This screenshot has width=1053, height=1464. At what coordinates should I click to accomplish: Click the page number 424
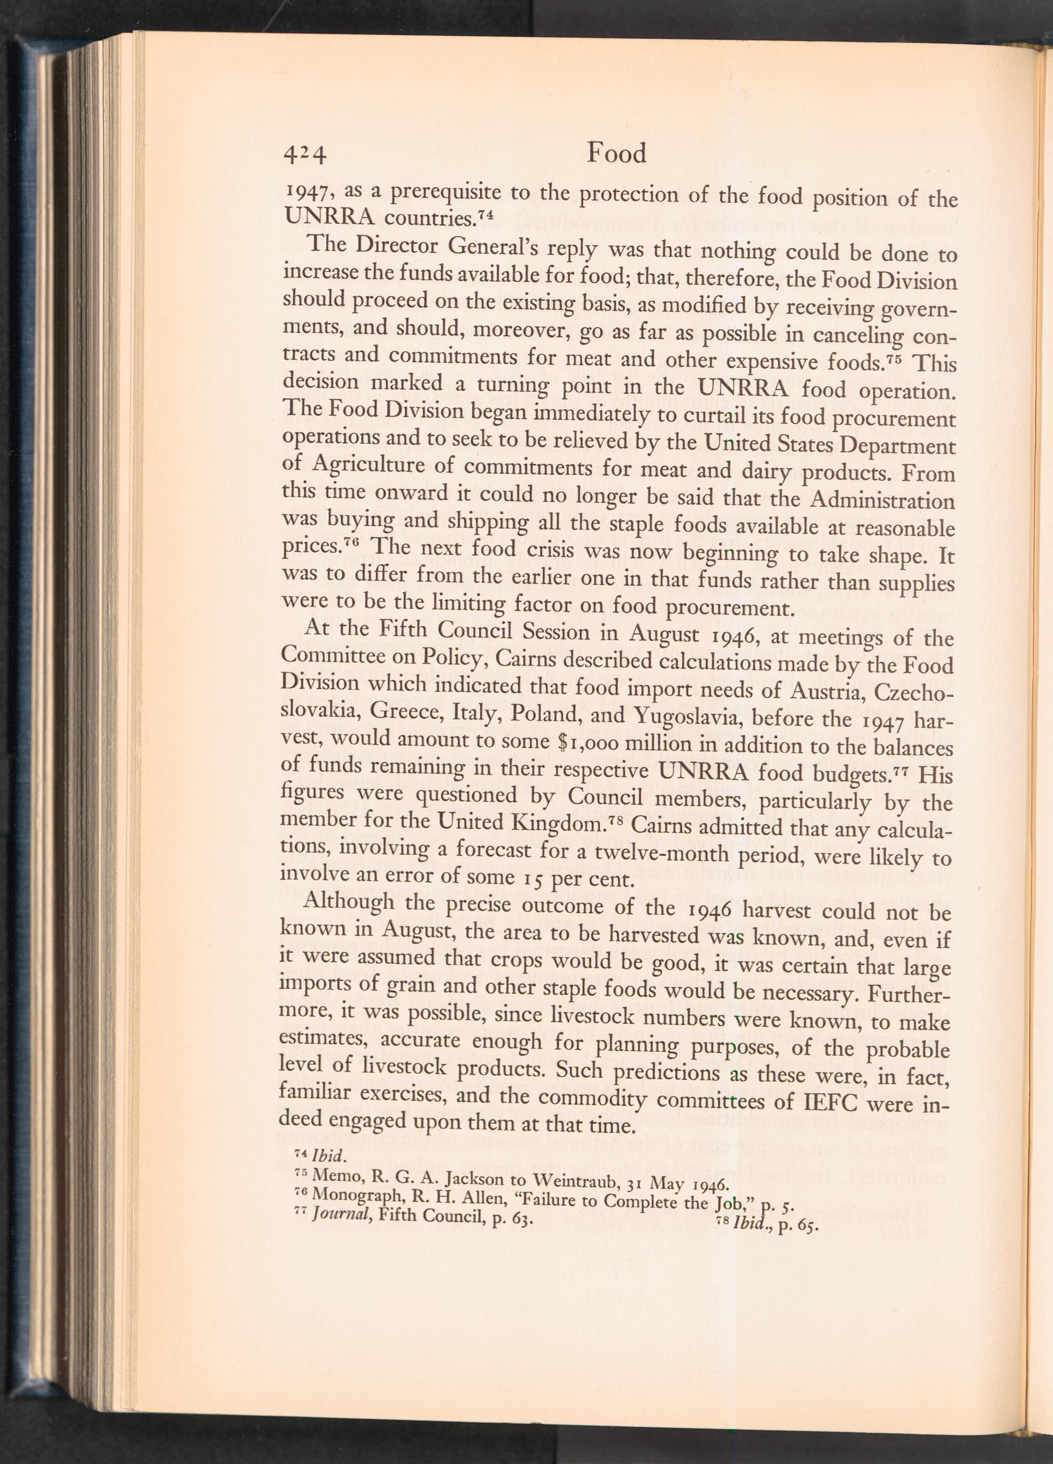coord(306,155)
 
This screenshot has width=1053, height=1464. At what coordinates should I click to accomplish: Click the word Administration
coord(881,501)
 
